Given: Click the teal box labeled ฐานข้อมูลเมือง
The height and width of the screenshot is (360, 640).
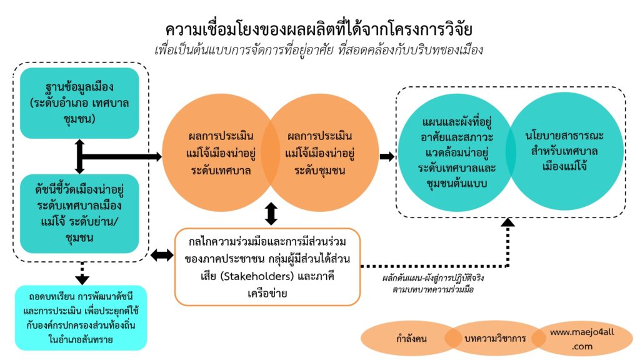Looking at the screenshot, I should (x=79, y=103).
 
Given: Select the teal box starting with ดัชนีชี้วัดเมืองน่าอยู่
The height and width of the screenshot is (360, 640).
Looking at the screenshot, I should (x=79, y=212).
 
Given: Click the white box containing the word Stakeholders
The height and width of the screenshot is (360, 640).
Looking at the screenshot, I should (x=267, y=267).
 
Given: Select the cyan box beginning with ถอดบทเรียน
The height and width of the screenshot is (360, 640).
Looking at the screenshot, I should (x=79, y=317).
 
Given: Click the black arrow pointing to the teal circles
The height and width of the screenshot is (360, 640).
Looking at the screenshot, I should (x=387, y=156).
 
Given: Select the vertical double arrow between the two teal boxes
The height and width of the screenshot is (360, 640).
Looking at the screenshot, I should (x=79, y=156).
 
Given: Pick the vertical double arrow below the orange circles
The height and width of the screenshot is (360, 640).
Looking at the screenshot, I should (x=271, y=213).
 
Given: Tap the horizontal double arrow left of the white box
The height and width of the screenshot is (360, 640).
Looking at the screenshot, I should (x=162, y=254).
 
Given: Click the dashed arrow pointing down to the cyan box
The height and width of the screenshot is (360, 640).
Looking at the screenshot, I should (x=81, y=272).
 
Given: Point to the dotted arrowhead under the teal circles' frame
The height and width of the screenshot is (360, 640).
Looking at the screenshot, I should (x=508, y=222).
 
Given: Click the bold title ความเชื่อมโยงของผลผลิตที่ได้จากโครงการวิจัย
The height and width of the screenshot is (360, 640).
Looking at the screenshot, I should (x=319, y=29).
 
